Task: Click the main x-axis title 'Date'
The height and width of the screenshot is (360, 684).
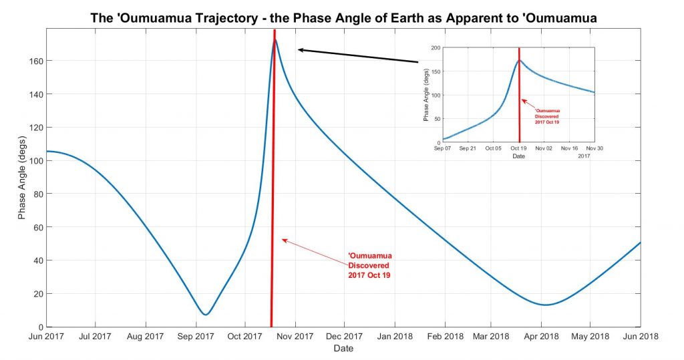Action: (343, 348)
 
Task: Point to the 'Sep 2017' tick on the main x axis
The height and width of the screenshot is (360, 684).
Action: (195, 336)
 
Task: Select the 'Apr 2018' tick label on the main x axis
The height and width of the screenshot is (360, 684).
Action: (542, 336)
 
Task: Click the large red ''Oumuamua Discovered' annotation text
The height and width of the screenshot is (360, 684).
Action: (369, 265)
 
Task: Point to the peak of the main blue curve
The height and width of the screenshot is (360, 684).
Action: (275, 40)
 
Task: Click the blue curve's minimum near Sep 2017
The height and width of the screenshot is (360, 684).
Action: (206, 314)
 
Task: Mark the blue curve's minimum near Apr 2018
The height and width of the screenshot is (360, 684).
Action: (546, 305)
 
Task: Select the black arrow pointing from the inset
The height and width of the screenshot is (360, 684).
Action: (357, 55)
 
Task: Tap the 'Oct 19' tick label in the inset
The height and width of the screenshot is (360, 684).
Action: (518, 148)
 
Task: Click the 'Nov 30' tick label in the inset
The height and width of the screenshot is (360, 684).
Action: (594, 148)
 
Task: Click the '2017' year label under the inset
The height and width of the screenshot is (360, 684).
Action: (584, 156)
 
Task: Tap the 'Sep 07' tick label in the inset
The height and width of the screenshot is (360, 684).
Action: (443, 148)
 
